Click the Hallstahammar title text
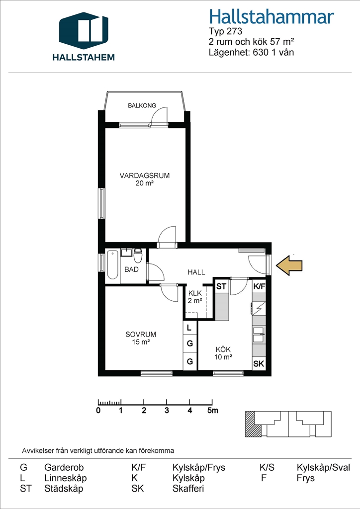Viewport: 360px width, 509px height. click(271, 16)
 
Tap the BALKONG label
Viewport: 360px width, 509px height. click(142, 105)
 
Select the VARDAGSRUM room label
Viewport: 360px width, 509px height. click(145, 175)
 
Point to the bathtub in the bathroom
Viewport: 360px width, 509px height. click(112, 264)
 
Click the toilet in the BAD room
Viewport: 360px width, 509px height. click(138, 255)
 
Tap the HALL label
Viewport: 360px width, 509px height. click(196, 272)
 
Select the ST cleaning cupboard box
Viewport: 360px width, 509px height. click(221, 286)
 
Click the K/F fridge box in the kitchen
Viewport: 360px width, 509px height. click(259, 286)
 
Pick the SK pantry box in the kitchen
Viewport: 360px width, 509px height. click(259, 363)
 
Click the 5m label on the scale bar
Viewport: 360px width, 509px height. click(213, 410)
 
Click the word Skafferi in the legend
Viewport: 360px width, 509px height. click(188, 489)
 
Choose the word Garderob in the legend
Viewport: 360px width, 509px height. click(64, 468)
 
